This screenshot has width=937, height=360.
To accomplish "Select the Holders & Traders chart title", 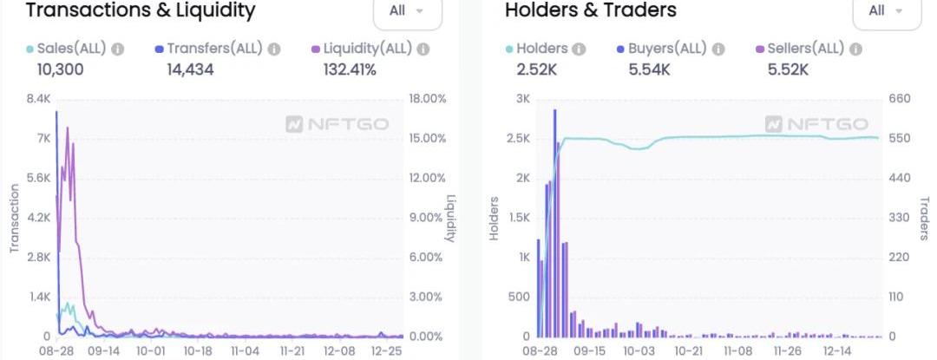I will (x=590, y=10).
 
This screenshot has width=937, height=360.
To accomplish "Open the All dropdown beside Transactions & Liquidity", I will (x=407, y=11).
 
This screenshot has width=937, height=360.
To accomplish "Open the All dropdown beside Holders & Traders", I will (x=886, y=11).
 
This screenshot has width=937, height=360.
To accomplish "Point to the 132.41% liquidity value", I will (x=349, y=69).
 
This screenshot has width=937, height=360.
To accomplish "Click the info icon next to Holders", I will (x=579, y=49).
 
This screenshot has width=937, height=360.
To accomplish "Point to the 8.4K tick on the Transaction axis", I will (x=38, y=99).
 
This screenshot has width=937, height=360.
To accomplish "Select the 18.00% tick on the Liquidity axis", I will (x=427, y=99).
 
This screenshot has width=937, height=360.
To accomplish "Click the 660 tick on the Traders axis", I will (x=900, y=99).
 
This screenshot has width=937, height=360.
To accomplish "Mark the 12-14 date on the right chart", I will (x=838, y=351).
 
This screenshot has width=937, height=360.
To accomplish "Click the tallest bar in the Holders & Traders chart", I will (x=554, y=223).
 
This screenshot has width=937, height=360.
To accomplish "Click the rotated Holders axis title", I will (x=494, y=218).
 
